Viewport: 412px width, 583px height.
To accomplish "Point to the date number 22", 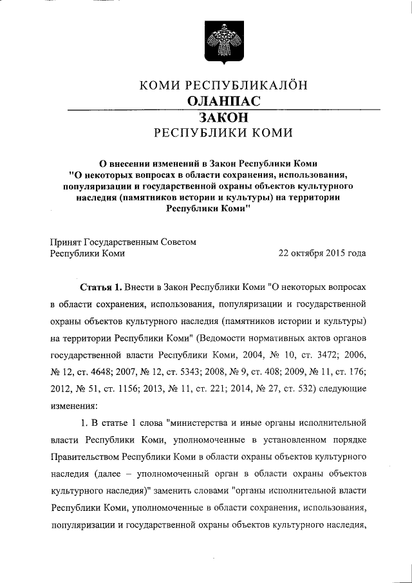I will tap(284, 253).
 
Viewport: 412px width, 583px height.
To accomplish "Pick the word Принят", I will tap(65, 242).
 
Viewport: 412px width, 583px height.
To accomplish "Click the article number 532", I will tap(303, 390).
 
